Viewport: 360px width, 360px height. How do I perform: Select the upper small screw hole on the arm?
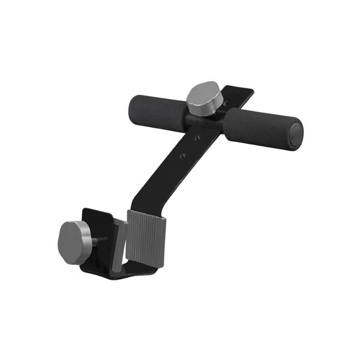197,139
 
